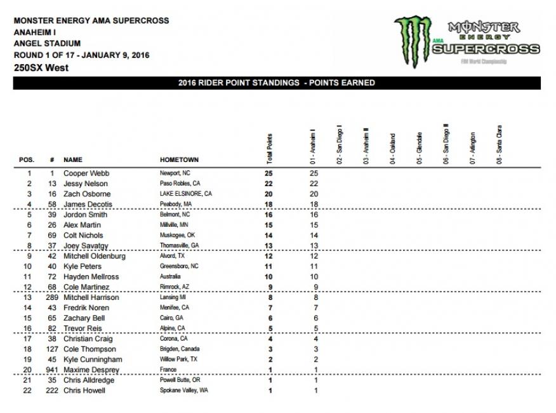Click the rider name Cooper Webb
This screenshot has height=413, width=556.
(83, 173)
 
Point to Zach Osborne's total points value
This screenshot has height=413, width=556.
(270, 194)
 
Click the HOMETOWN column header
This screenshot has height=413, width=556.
(179, 160)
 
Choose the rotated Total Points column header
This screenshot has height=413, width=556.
(270, 147)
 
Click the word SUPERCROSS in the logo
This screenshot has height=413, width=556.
(489, 48)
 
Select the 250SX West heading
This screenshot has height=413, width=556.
(41, 68)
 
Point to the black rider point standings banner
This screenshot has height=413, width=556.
(277, 83)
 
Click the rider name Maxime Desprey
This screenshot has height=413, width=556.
(89, 370)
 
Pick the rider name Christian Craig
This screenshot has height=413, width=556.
(88, 339)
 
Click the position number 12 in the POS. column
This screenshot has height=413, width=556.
(29, 287)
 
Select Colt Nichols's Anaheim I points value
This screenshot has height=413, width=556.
(314, 235)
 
